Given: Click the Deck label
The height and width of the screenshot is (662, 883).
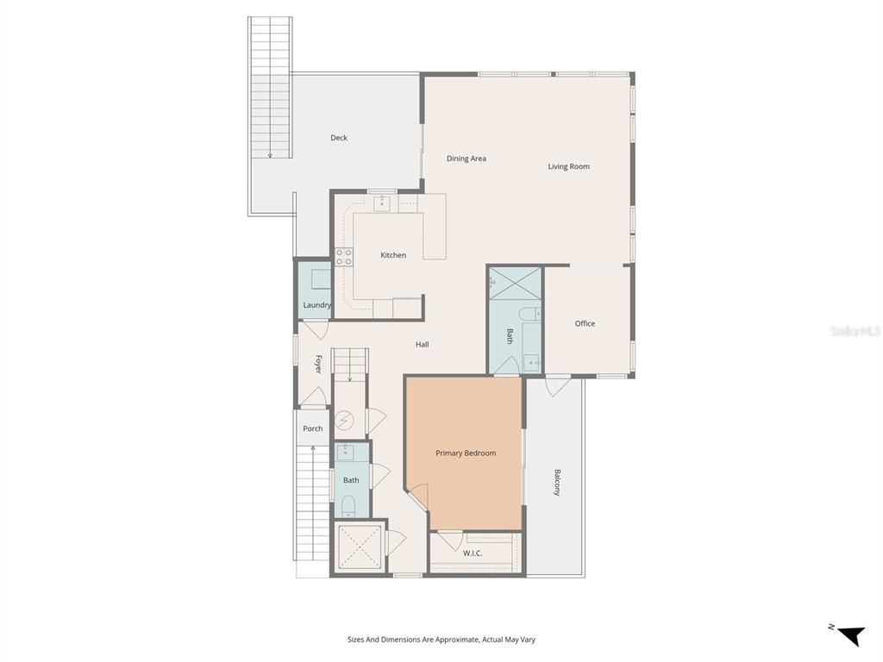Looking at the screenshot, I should click(x=339, y=138).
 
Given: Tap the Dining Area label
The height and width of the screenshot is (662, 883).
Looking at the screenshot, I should click(x=467, y=159).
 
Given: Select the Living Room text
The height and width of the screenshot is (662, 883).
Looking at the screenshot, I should click(x=569, y=166).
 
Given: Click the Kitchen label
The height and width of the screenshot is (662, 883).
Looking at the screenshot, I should click(x=393, y=255).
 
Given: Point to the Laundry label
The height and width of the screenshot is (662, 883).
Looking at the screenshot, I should click(x=316, y=305).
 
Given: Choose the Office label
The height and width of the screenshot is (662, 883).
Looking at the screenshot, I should click(x=585, y=323).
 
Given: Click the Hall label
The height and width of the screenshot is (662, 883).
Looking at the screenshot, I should click(x=422, y=345).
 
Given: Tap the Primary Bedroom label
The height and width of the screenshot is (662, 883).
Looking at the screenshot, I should click(x=466, y=453).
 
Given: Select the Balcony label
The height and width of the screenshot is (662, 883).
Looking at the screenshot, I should click(x=557, y=482).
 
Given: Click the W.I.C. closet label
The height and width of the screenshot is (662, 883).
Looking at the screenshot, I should click(x=473, y=553).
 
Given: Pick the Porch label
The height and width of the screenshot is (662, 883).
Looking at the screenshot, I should click(x=313, y=428).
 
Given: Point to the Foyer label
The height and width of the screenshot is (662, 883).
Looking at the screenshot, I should click(x=318, y=364).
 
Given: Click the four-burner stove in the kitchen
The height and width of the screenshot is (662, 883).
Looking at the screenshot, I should click(x=344, y=256).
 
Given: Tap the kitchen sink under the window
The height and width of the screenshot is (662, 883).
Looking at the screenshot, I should click(x=382, y=204).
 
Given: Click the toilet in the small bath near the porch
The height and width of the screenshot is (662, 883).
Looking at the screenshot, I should click(x=349, y=505).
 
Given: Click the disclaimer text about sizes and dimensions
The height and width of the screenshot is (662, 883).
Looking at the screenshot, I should click(x=441, y=640).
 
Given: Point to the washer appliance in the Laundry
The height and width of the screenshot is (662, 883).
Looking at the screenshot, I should click(x=319, y=279).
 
